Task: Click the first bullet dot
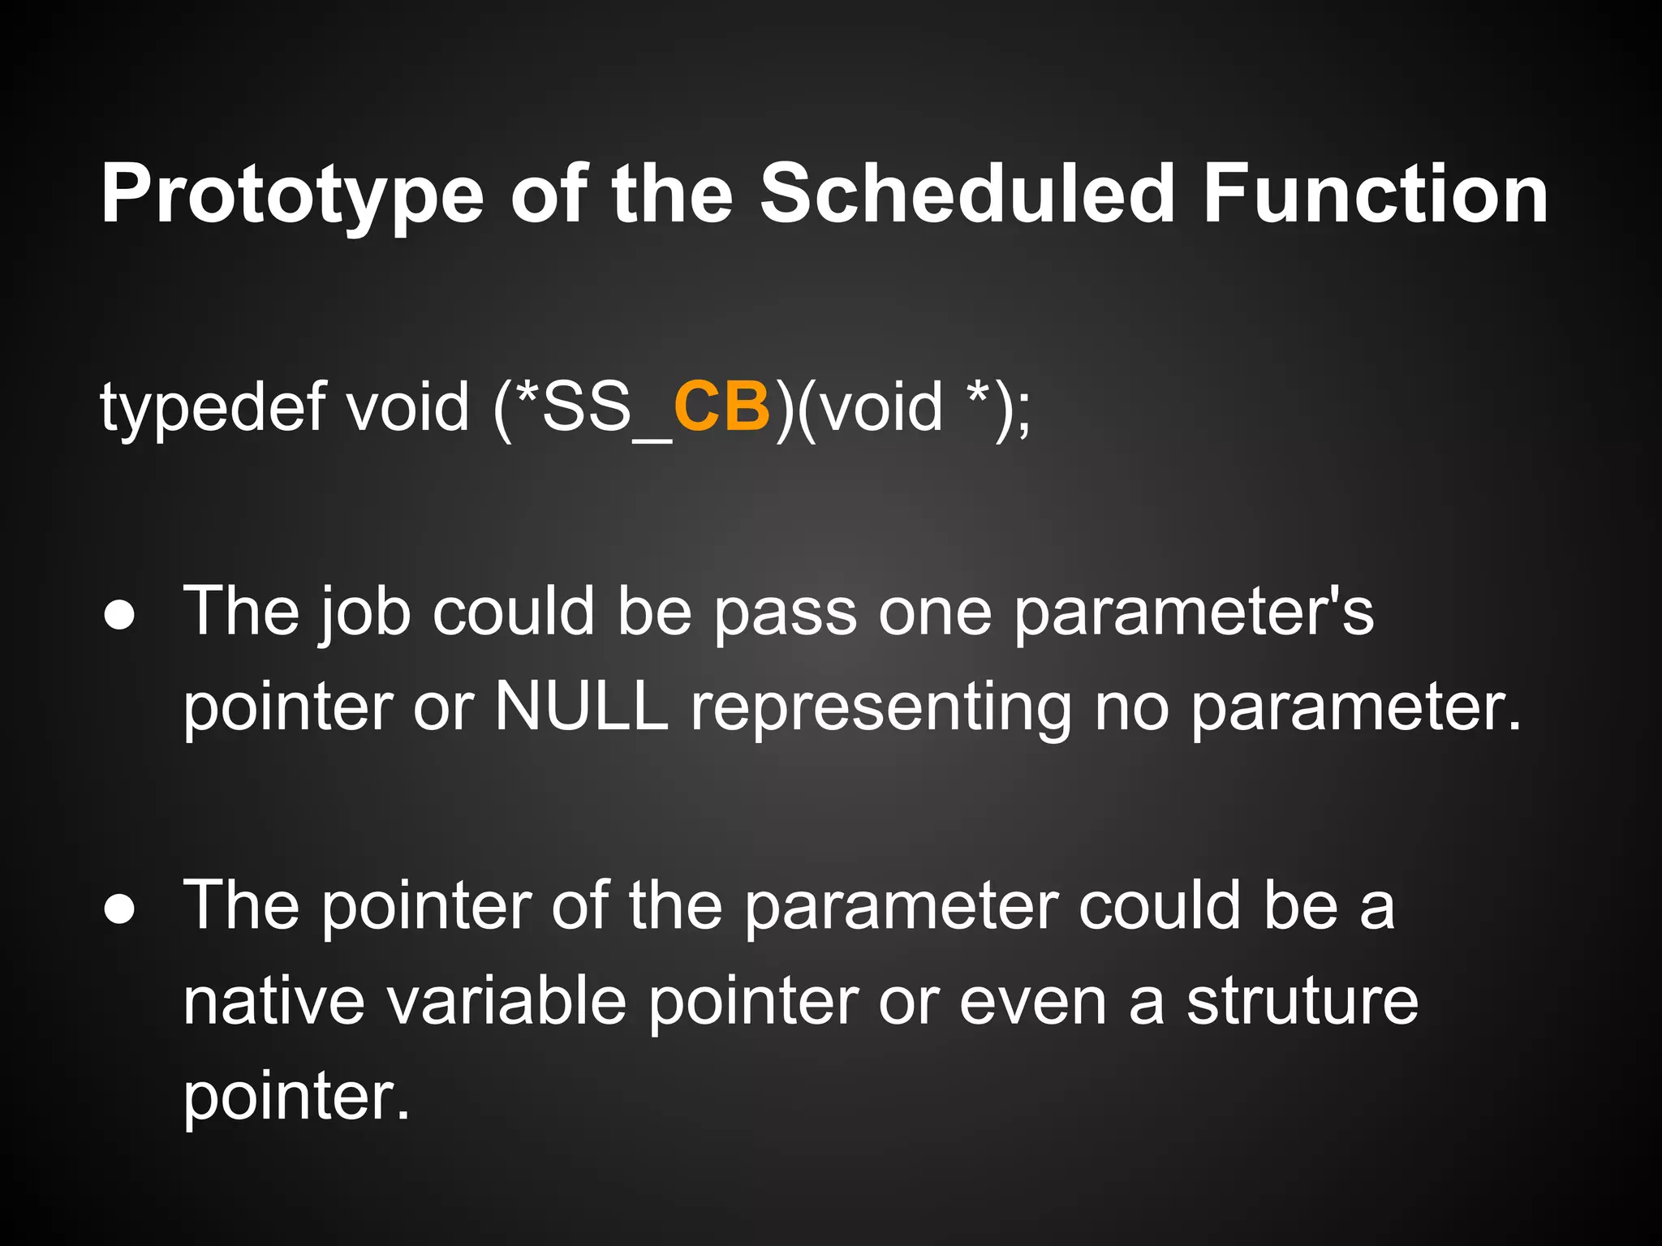[x=119, y=616]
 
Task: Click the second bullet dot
[x=119, y=910]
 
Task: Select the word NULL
[x=581, y=706]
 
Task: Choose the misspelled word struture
[x=1302, y=1001]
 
